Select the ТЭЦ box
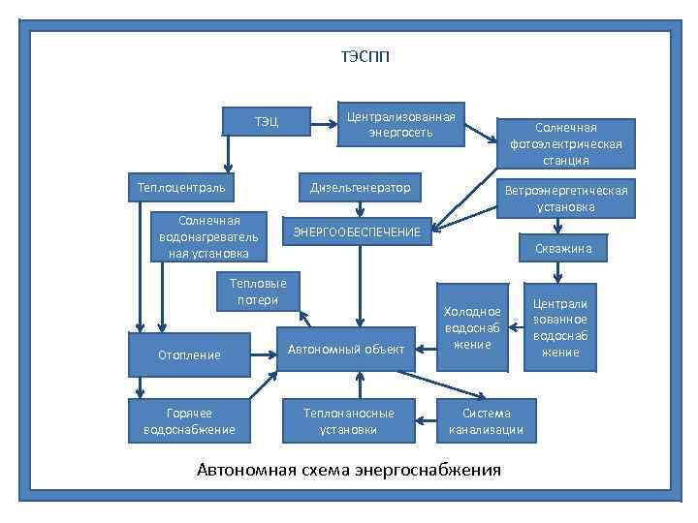267,121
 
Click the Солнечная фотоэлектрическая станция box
566,143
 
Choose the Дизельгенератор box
360,186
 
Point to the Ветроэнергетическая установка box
566,198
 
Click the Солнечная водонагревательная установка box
208,236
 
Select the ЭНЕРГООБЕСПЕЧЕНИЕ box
357,231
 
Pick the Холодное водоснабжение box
472,327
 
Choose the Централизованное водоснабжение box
560,327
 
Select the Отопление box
189,354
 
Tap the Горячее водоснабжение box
189,420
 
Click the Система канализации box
487,420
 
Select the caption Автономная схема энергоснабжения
349,471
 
